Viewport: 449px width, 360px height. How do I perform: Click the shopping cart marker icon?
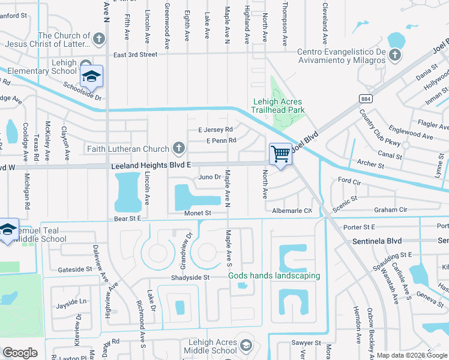(280, 154)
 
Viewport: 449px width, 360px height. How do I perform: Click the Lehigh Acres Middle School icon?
(246, 346)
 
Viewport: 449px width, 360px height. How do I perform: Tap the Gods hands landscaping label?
(274, 276)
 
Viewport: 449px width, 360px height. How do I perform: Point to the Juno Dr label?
(210, 177)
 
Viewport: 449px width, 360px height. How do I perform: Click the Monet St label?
(198, 213)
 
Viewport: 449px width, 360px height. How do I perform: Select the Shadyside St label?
(188, 277)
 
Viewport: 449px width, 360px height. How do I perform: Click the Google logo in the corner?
(20, 353)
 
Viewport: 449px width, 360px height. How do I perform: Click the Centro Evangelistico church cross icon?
(394, 55)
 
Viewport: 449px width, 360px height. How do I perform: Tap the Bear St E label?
(127, 219)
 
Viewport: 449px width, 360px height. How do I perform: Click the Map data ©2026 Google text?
(412, 355)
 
